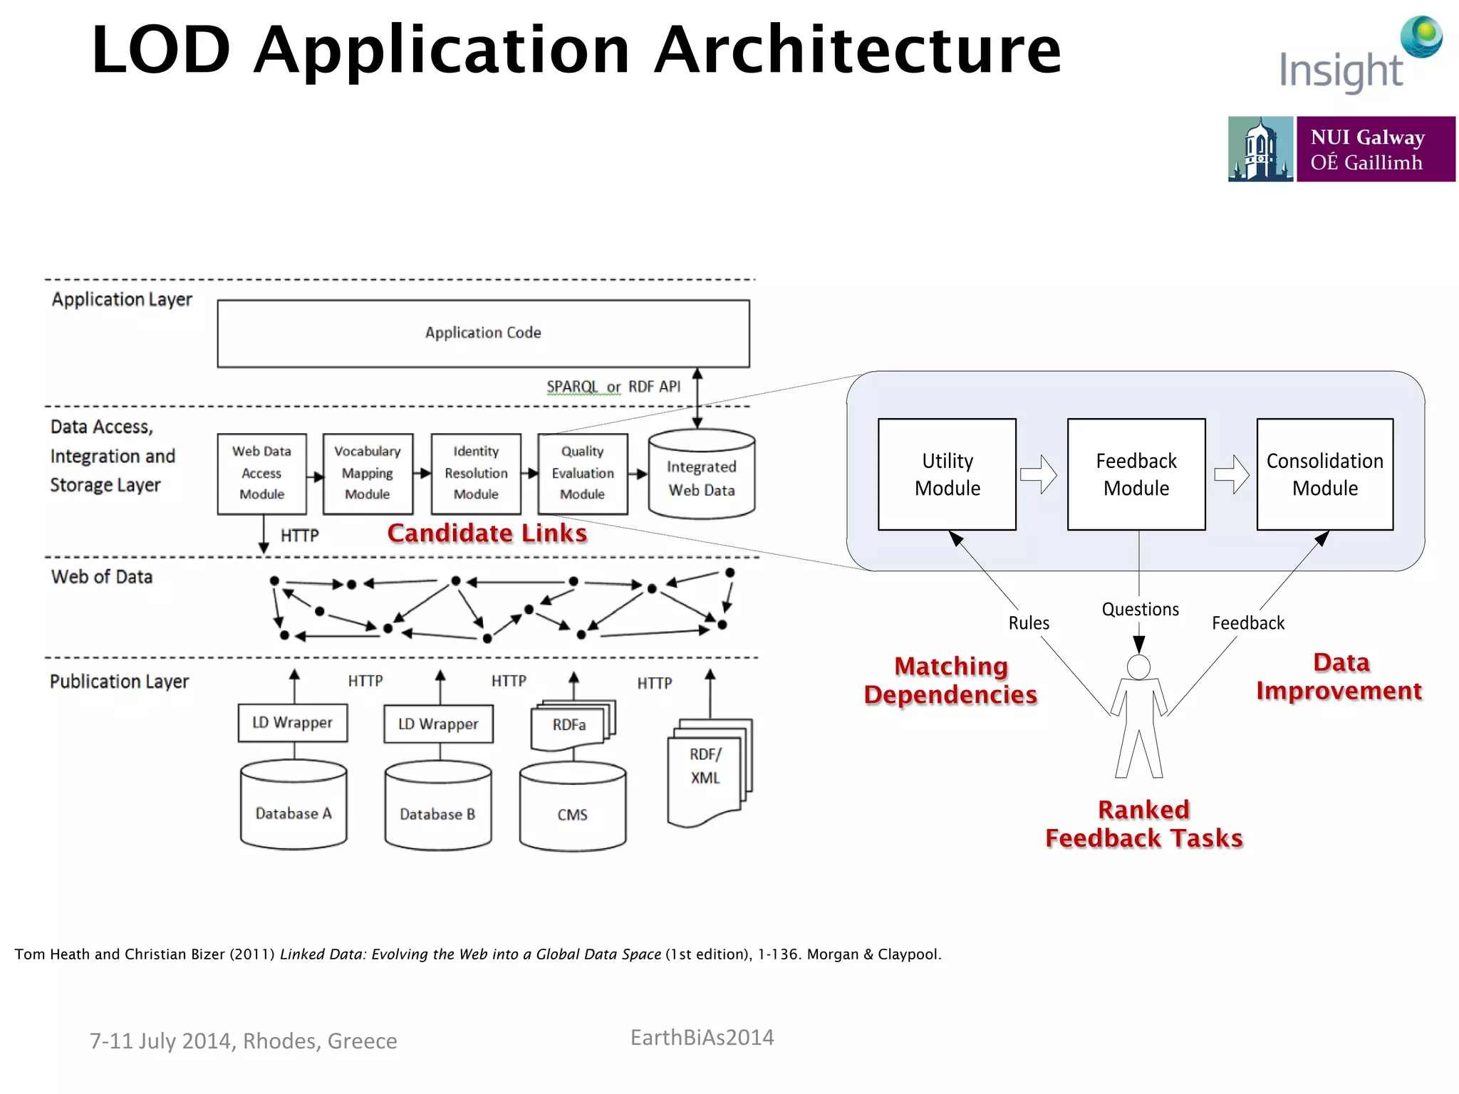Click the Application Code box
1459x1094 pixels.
point(483,333)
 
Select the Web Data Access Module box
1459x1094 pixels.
point(261,474)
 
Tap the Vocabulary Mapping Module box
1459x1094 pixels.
point(368,474)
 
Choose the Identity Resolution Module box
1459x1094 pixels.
point(476,474)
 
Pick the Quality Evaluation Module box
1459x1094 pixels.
point(583,474)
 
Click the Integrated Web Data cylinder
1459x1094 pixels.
point(702,478)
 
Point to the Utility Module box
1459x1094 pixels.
point(947,474)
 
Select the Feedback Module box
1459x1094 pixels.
point(1136,474)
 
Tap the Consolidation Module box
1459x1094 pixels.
point(1325,474)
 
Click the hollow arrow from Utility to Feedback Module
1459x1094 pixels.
point(1039,474)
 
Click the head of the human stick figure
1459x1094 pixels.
point(1138,667)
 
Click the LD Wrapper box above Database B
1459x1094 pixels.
point(438,724)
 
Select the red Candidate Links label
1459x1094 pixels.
point(487,533)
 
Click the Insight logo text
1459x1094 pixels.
point(1341,71)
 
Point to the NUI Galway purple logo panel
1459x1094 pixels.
point(1375,150)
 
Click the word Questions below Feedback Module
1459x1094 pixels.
point(1140,610)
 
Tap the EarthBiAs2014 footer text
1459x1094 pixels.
point(702,1038)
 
